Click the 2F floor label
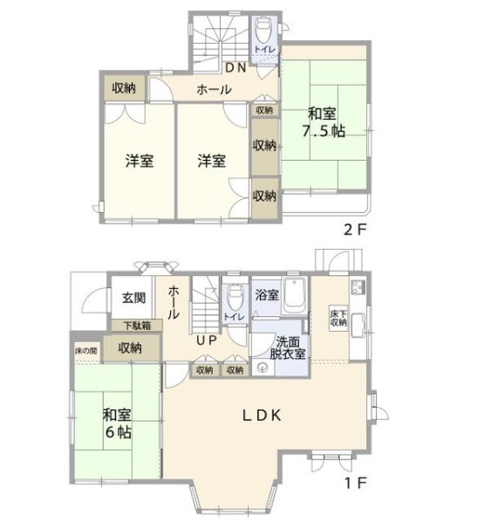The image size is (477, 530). pos(355,230)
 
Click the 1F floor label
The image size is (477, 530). pos(356,484)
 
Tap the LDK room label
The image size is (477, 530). pos(262,416)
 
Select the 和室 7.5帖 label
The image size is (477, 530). pos(323,122)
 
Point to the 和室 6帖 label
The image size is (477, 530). pos(117,423)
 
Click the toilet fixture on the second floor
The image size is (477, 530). pos(263,30)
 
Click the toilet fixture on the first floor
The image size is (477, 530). pos(235,296)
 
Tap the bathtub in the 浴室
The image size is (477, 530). pos(295,295)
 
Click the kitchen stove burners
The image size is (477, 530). pos(358,287)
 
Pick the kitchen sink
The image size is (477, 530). pos(358,326)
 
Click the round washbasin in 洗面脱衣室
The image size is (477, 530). pos(262,367)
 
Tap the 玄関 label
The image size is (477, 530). pos(133,298)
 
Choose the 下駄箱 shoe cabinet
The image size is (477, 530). pos(137,326)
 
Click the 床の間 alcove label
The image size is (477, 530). pos(86,351)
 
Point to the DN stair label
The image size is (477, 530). pos(235,68)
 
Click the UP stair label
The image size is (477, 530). pos(207,341)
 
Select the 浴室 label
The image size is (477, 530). pos(267,295)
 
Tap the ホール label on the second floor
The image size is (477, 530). pos(214,90)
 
